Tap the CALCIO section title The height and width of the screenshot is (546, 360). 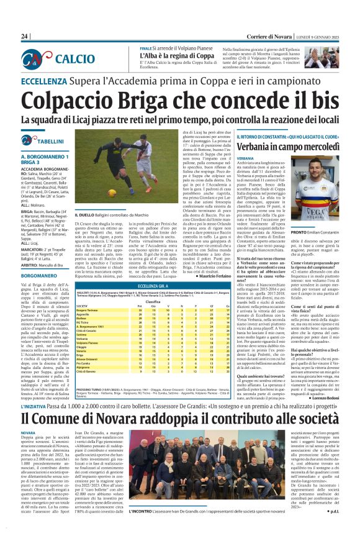click(69, 60)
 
